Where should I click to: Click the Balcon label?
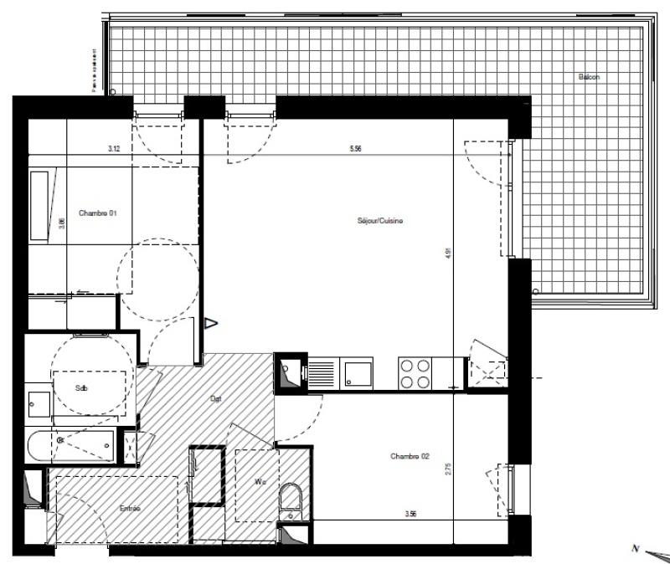(x=588, y=77)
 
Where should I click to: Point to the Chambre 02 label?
(x=410, y=456)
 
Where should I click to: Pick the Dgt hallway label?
(x=216, y=399)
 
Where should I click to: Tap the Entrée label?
(x=130, y=508)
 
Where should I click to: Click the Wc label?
(x=260, y=482)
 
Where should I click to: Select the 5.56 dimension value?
(x=355, y=149)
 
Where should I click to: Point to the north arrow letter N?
(x=636, y=548)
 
